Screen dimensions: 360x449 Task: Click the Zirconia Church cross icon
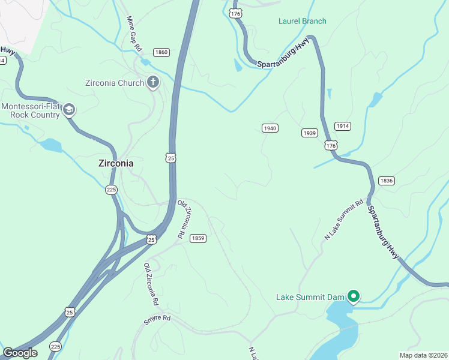pyautogui.click(x=153, y=82)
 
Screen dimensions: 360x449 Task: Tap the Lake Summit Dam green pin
pyautogui.click(x=354, y=296)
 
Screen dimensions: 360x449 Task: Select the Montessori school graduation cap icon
pyautogui.click(x=69, y=109)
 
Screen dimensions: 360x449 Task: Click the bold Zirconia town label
pyautogui.click(x=116, y=163)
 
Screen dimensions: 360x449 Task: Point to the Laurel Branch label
pyautogui.click(x=302, y=21)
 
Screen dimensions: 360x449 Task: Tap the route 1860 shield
pyautogui.click(x=161, y=52)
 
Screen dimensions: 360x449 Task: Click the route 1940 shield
pyautogui.click(x=270, y=128)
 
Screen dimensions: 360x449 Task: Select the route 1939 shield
pyautogui.click(x=310, y=133)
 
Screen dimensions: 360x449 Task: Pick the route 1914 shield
pyautogui.click(x=343, y=126)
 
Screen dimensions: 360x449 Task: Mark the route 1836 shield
pyautogui.click(x=386, y=181)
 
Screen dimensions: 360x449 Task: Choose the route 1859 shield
pyautogui.click(x=198, y=238)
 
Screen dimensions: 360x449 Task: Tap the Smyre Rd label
pyautogui.click(x=157, y=320)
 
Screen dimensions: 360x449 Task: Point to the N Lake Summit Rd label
pyautogui.click(x=344, y=220)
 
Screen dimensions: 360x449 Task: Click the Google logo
pyautogui.click(x=20, y=353)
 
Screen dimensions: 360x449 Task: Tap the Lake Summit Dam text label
pyautogui.click(x=310, y=297)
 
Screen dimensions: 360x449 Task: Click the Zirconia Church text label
pyautogui.click(x=114, y=83)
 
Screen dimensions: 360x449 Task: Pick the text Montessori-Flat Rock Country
pyautogui.click(x=31, y=111)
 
